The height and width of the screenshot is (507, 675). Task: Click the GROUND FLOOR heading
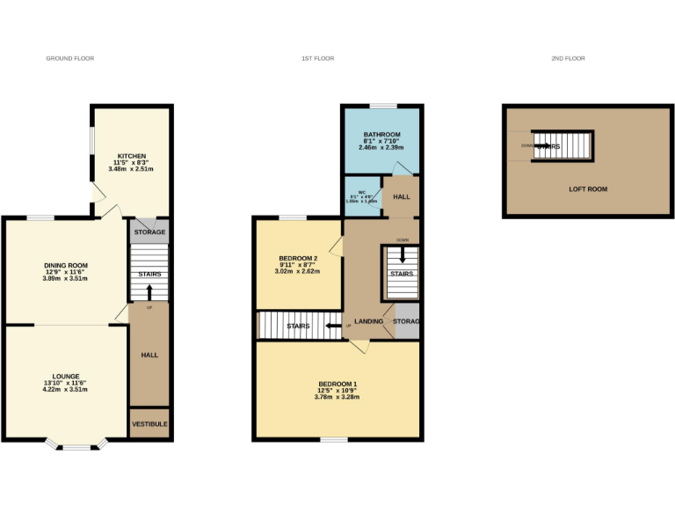point(69,58)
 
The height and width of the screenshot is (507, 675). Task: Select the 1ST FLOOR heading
point(317,58)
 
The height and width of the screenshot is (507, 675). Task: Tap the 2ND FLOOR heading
point(568,58)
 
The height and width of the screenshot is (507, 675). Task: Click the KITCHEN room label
point(132,156)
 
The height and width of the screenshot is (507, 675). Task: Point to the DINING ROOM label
point(66,265)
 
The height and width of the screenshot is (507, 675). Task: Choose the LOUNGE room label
point(66,376)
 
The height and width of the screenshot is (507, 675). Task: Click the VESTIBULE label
point(149,423)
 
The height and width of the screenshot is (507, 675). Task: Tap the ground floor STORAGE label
point(149,232)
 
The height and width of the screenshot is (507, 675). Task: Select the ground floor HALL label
point(149,355)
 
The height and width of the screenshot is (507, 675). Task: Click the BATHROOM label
point(381,135)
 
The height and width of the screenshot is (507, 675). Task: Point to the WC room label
point(361,192)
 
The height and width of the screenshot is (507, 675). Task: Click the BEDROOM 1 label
point(337,384)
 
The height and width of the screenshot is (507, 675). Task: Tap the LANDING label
point(368,321)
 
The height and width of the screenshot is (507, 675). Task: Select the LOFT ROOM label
point(587,189)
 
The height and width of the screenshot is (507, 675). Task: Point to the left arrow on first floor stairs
point(332,326)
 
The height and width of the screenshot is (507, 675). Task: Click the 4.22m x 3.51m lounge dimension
point(66,389)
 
